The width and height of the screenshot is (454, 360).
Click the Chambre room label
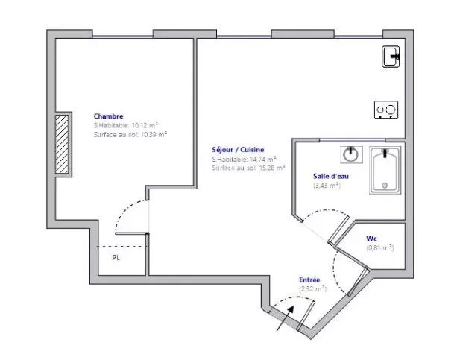point(109,116)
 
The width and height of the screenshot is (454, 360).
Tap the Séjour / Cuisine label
point(238,150)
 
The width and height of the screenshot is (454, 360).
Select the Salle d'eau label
point(331,176)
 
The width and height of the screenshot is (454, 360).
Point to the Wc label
point(371,239)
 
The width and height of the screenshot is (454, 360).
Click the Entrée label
point(309,280)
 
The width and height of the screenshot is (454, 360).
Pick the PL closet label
point(116,258)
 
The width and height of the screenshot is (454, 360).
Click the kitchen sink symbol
point(391,57)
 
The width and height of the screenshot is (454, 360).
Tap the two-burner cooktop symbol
point(386,110)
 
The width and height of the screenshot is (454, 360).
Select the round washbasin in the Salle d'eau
point(351,154)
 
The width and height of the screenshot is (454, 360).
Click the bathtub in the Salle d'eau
point(385,170)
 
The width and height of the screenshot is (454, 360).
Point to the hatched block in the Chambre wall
point(62,144)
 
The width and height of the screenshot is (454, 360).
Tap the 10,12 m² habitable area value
point(145,125)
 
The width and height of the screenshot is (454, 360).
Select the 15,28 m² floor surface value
point(272,168)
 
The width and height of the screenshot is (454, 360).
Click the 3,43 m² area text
point(327,185)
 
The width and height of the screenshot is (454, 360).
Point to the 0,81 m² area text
point(380,247)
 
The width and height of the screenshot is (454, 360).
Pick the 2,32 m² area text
point(312,288)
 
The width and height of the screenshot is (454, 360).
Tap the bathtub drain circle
point(385,186)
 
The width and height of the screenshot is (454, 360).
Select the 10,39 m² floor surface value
point(154,135)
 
